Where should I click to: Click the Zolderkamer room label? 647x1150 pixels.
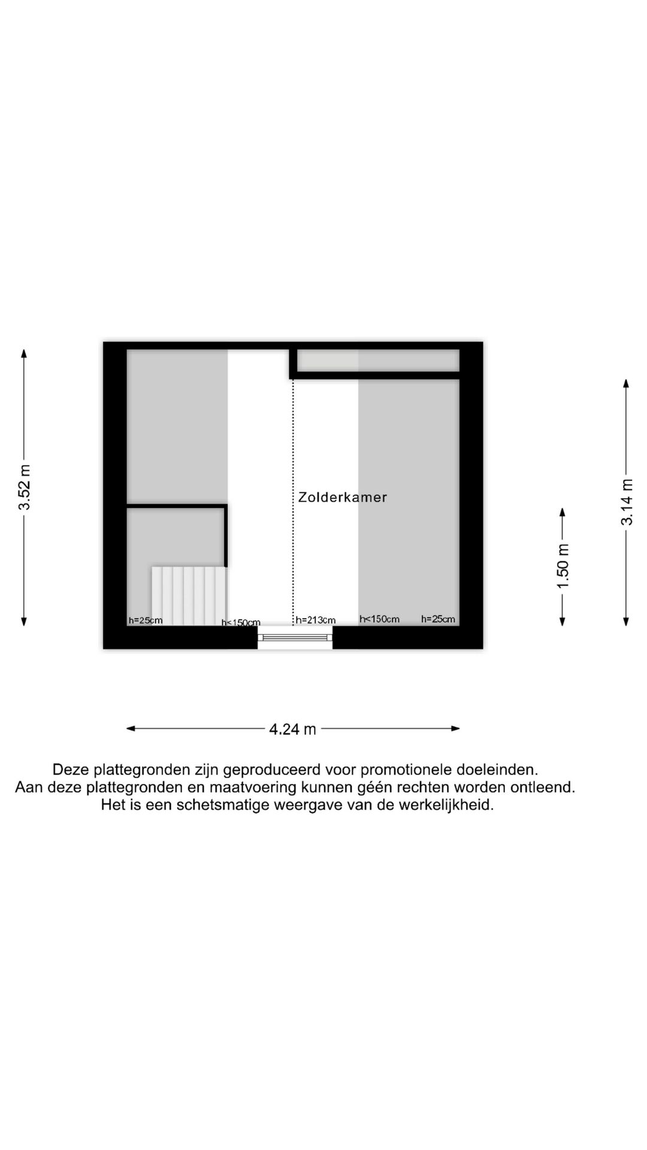point(343,497)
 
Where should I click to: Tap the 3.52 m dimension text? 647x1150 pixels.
point(25,488)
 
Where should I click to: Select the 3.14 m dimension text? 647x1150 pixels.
point(627,502)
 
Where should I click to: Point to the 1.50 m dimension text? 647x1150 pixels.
point(563,566)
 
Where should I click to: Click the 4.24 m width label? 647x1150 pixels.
point(293,729)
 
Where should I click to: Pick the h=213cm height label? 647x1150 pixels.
point(316,621)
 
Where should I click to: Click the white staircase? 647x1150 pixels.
point(189,596)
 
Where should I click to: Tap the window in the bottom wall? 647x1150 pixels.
point(295,637)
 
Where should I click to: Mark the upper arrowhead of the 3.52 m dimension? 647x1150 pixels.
point(24,353)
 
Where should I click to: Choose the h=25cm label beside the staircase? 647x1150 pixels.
point(146,621)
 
